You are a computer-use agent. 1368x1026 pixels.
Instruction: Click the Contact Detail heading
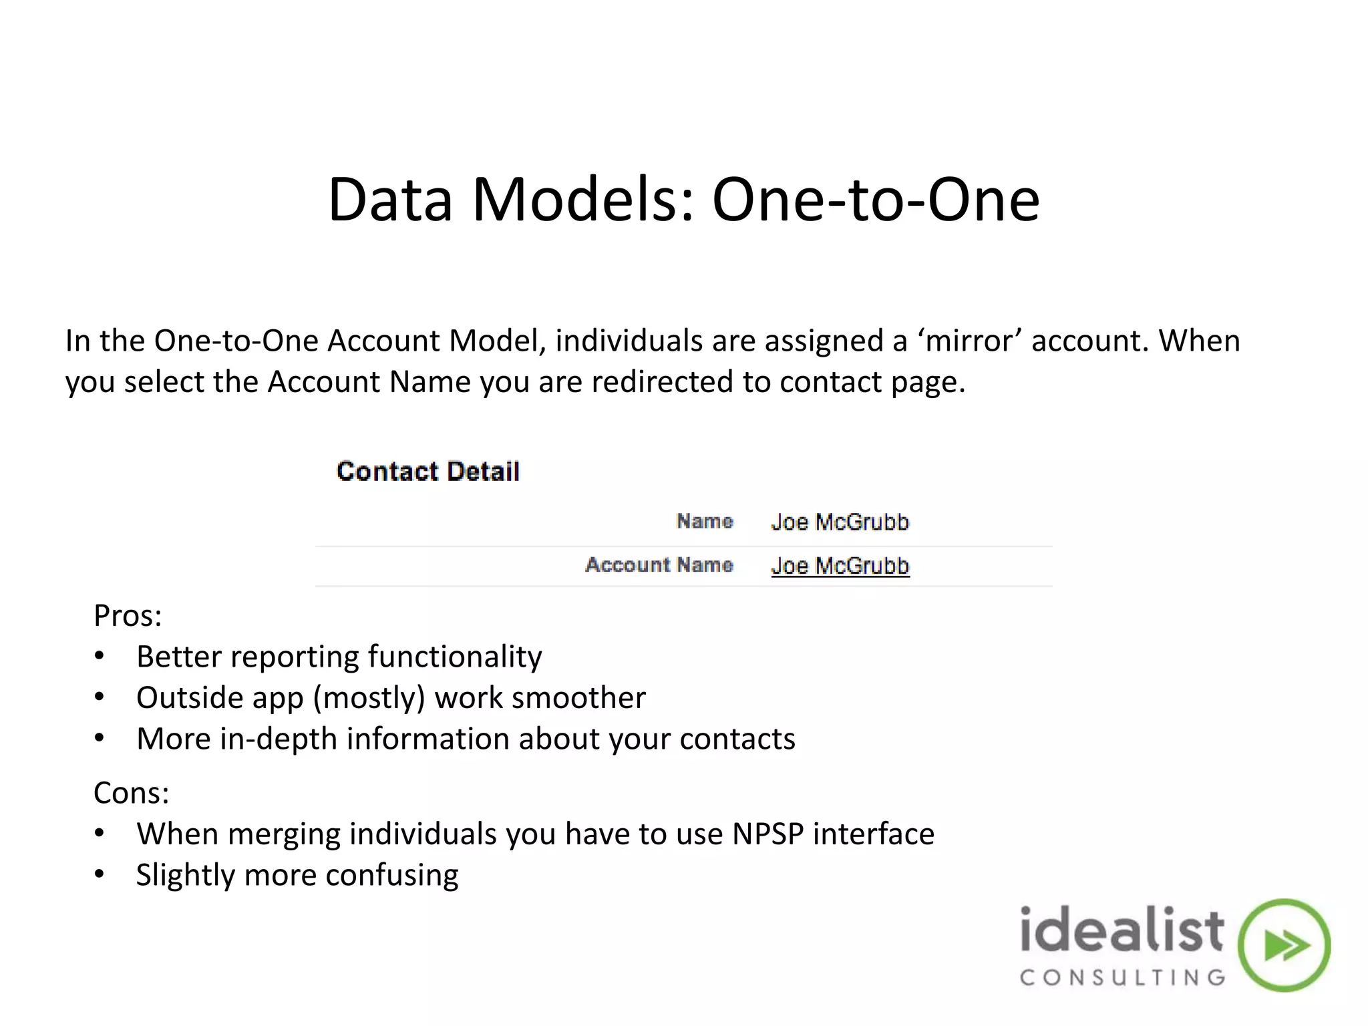click(428, 472)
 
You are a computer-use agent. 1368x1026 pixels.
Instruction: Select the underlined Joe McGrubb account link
click(840, 566)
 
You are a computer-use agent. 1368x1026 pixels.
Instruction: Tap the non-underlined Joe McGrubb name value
click(840, 522)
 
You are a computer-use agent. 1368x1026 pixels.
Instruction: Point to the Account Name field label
click(659, 565)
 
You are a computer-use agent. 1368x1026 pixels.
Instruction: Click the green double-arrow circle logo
click(1284, 945)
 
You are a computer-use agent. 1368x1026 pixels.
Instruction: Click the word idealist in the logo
click(1122, 930)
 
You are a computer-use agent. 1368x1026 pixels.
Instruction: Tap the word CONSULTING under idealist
click(1122, 978)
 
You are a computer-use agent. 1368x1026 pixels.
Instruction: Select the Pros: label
click(128, 615)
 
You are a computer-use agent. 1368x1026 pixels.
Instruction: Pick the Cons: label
click(131, 793)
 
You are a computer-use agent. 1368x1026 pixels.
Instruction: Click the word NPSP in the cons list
click(767, 834)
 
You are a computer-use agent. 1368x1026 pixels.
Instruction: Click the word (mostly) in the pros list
click(369, 698)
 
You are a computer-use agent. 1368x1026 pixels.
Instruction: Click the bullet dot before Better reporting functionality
click(100, 656)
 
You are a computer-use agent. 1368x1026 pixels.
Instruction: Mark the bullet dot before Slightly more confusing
click(100, 874)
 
